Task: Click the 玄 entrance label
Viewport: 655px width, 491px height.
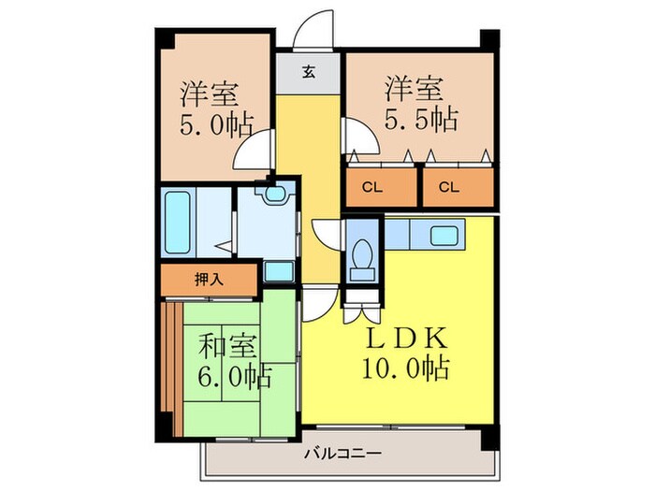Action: pyautogui.click(x=309, y=71)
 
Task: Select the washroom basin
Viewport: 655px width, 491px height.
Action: pyautogui.click(x=273, y=195)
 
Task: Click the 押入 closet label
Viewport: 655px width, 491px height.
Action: pyautogui.click(x=208, y=278)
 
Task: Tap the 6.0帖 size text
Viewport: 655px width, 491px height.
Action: pyautogui.click(x=232, y=378)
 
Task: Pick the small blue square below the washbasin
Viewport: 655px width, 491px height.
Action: pyautogui.click(x=277, y=270)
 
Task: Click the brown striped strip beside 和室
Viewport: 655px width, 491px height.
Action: pyautogui.click(x=169, y=357)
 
